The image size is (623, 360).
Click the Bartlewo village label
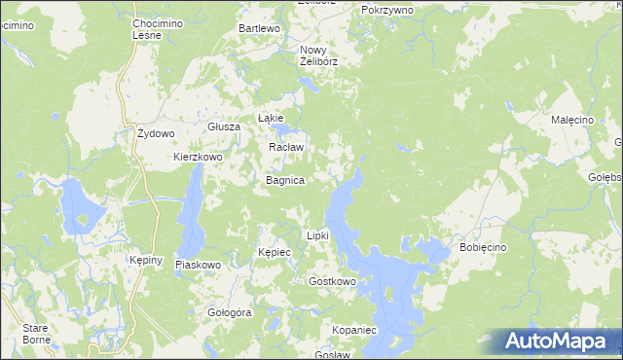click(x=260, y=29)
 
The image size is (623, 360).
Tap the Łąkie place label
click(x=270, y=117)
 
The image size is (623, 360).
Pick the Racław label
click(x=286, y=147)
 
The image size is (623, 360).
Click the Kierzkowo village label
click(x=199, y=157)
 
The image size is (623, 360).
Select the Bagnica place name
click(x=286, y=181)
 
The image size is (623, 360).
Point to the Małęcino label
click(x=572, y=119)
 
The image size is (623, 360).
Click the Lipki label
click(x=318, y=235)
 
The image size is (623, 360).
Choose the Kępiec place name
click(x=275, y=252)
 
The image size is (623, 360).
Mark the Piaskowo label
click(x=199, y=265)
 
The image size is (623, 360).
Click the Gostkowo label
click(x=332, y=281)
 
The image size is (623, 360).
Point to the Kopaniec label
click(x=353, y=331)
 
